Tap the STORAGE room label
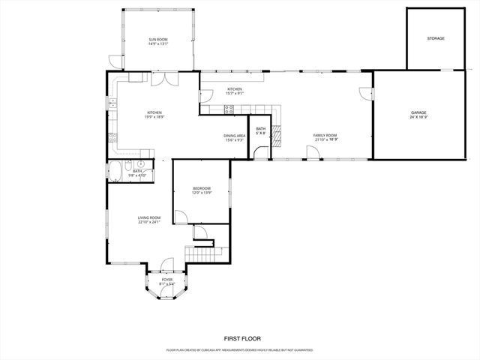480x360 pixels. pos(436,37)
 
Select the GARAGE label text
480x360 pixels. pos(418,115)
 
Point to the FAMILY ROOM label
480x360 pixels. pos(325,137)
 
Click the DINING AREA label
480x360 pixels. pos(234,137)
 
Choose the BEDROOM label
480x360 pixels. pos(201,190)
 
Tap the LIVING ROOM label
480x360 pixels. pos(149,220)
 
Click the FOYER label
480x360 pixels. pos(166,281)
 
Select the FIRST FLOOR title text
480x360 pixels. pos(240,338)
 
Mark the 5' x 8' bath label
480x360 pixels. pos(260,131)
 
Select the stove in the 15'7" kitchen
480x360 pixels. pos(229,109)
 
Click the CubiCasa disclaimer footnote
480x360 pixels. pos(240,350)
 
